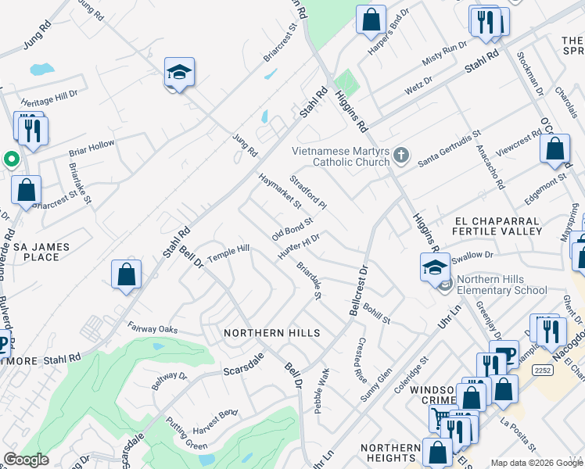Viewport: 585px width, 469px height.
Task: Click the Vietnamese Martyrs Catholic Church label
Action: coord(341,156)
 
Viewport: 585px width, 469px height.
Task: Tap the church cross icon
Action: coord(401,155)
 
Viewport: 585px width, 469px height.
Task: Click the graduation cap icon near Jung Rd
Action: coord(179,73)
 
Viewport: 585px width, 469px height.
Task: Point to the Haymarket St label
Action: coord(279,192)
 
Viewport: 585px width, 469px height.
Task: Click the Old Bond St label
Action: coord(292,229)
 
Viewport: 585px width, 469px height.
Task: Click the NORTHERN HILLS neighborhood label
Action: coord(271,333)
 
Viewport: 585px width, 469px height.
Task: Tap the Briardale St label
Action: coord(309,280)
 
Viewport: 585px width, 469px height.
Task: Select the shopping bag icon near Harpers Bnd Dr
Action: coord(371,19)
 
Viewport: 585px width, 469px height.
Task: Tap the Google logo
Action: coord(26,460)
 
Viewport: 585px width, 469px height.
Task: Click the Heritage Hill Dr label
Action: coord(49,98)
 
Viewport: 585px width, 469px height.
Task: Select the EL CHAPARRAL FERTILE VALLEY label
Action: coord(498,227)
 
